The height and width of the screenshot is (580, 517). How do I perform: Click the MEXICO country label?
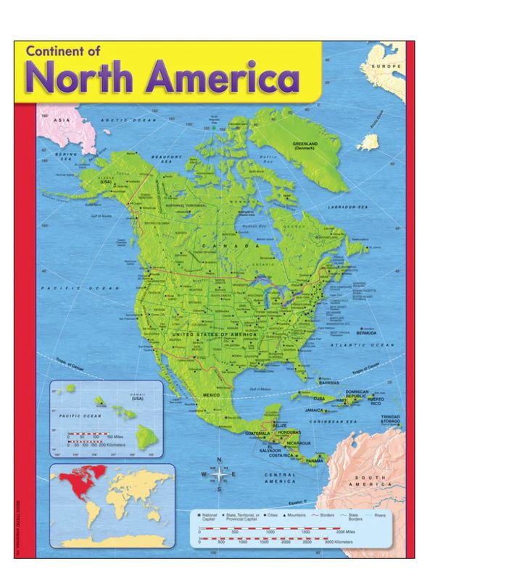point(210,394)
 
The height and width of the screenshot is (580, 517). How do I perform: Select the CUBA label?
point(318,398)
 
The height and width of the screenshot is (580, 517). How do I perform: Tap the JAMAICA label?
point(334,410)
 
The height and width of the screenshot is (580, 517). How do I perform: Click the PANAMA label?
point(315,461)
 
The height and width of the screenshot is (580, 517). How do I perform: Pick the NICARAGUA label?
point(298,442)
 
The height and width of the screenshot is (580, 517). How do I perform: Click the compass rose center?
point(220,475)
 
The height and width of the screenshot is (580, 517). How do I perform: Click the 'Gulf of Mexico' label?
point(260,389)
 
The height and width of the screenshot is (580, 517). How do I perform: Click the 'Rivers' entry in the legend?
point(380,515)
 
